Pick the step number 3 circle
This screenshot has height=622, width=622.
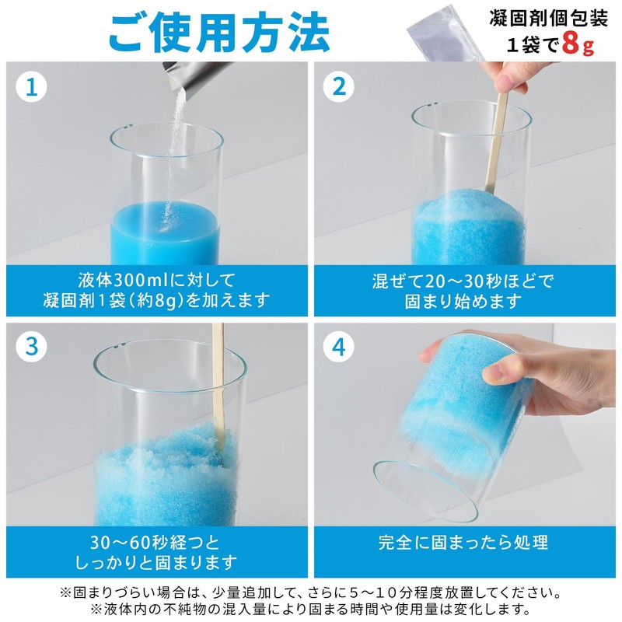pos(31,348)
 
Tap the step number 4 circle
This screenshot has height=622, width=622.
pos(338,348)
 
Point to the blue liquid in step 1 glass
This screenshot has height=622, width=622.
pos(166,232)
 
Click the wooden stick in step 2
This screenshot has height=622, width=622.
pos(497,148)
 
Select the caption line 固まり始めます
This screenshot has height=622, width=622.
pos(463,301)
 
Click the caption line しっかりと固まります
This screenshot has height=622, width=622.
pos(155,562)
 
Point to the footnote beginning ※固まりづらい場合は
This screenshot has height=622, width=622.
pos(311,592)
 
